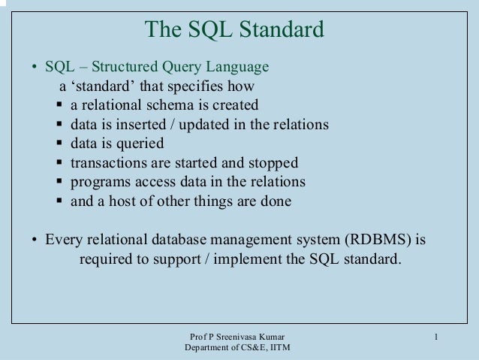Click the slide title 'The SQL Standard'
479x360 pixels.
234,30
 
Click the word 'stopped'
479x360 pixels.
273,163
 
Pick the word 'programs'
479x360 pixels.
98,183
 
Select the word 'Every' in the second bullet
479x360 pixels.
64,241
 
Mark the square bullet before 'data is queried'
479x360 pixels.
60,144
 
